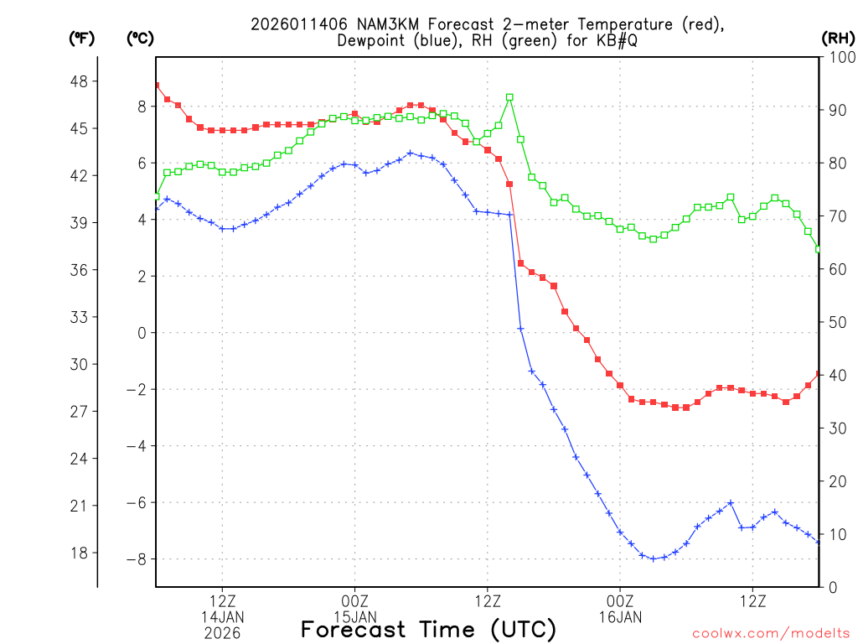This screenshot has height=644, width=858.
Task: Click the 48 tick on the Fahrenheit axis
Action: tap(85, 81)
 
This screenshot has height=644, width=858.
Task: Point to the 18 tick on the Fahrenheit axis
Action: tap(85, 553)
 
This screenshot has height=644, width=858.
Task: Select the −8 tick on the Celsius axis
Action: tap(137, 559)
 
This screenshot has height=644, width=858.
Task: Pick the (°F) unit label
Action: tap(81, 39)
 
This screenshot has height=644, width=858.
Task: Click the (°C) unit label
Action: tap(139, 39)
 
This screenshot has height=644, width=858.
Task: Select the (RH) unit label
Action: tap(838, 39)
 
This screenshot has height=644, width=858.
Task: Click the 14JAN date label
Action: tap(222, 618)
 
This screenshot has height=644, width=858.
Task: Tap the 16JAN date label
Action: tap(620, 618)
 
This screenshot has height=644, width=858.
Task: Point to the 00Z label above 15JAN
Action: tap(354, 601)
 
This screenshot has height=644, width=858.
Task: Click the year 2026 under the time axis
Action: tap(222, 633)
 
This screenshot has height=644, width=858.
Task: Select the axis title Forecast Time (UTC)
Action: tap(428, 629)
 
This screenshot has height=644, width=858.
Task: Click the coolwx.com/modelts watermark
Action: tap(771, 633)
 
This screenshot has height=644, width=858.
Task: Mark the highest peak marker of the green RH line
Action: tap(509, 97)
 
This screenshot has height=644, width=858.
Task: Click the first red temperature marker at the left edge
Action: tap(157, 85)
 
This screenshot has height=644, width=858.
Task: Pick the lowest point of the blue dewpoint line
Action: tap(654, 558)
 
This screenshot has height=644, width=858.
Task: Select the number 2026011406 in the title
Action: tap(288, 24)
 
